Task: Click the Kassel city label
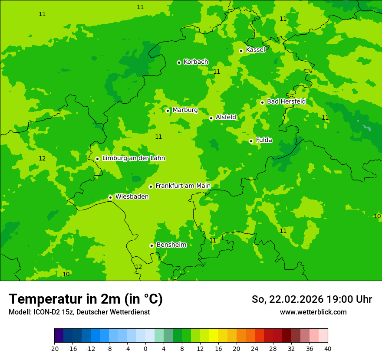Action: pyautogui.click(x=255, y=50)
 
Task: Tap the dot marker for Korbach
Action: pyautogui.click(x=179, y=62)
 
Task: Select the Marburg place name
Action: pyautogui.click(x=185, y=110)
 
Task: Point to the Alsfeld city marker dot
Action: pyautogui.click(x=211, y=118)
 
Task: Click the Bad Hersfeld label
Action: pyautogui.click(x=286, y=101)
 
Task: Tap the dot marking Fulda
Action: pyautogui.click(x=251, y=141)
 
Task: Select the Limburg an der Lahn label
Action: pyautogui.click(x=133, y=158)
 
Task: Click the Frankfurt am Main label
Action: pyautogui.click(x=183, y=186)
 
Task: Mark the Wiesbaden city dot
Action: pyautogui.click(x=110, y=197)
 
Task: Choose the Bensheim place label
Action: pyautogui.click(x=171, y=245)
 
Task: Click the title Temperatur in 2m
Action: pyautogui.click(x=86, y=299)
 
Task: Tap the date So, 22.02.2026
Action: pyautogui.click(x=287, y=299)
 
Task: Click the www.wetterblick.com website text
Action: pyautogui.click(x=313, y=312)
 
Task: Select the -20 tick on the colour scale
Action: pyautogui.click(x=54, y=349)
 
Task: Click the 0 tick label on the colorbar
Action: pyautogui.click(x=145, y=349)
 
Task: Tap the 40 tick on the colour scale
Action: pyautogui.click(x=328, y=349)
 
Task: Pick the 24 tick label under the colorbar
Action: pyautogui.click(x=255, y=349)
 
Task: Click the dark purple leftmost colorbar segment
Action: pyautogui.click(x=59, y=336)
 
